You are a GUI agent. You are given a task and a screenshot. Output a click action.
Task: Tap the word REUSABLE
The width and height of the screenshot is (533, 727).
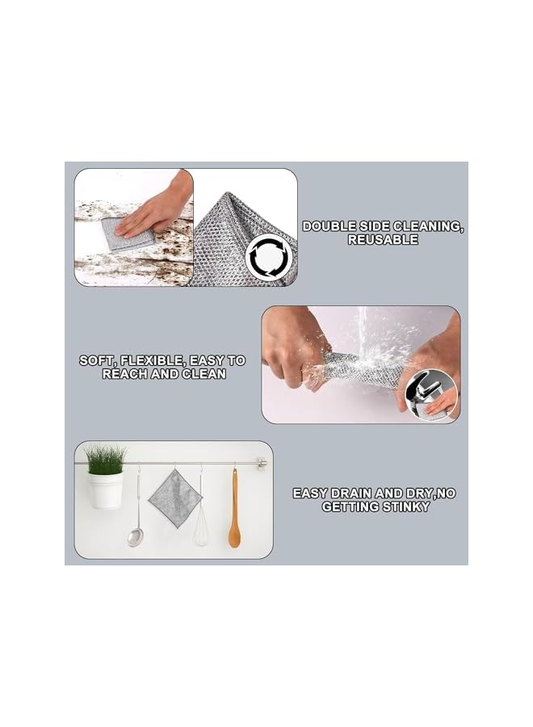click(x=383, y=240)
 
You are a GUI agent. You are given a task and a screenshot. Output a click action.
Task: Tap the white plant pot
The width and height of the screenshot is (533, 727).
click(x=106, y=490)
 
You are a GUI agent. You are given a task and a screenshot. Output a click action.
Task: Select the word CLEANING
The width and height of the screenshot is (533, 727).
click(x=430, y=226)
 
